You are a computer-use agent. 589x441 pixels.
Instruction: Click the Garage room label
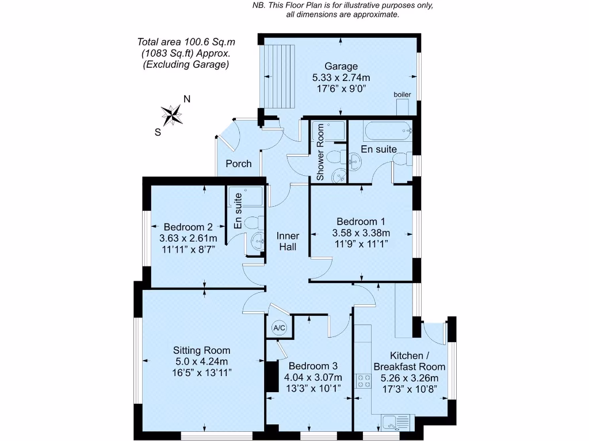coord(341,66)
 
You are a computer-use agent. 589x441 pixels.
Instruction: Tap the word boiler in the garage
coord(402,94)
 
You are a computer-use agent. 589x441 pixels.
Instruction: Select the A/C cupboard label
coord(280,328)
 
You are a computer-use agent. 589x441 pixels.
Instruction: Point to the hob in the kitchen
coord(363,381)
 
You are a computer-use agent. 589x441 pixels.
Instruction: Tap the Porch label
coord(238,164)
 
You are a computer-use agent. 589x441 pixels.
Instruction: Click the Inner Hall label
coord(287,241)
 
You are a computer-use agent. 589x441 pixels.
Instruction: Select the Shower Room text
coord(320,153)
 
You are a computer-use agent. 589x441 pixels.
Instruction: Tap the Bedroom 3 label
coord(312,366)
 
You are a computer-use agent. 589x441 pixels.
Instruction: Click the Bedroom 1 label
coord(361,222)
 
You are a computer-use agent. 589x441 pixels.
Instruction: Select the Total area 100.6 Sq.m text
coord(186,42)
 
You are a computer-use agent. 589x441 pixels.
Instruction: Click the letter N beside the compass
coord(186,99)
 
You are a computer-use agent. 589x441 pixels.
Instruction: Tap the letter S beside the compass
coord(158,131)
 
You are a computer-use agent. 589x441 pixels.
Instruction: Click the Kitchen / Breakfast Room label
coord(409,361)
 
